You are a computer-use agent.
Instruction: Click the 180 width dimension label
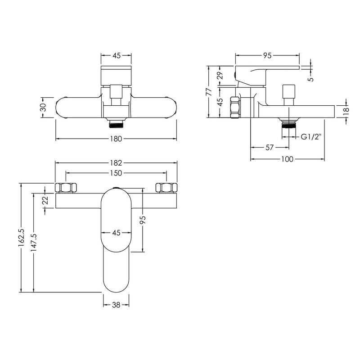pyautogui.click(x=116, y=139)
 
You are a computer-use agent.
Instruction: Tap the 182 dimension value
pyautogui.click(x=116, y=163)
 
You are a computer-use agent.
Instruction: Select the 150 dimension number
pyautogui.click(x=116, y=173)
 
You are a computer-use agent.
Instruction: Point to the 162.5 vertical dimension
pyautogui.click(x=21, y=238)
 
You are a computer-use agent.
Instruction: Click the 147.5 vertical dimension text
pyautogui.click(x=34, y=243)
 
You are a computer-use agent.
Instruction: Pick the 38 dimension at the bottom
pyautogui.click(x=116, y=305)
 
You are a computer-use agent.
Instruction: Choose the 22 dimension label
pyautogui.click(x=45, y=200)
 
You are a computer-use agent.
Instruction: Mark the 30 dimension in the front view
pyautogui.click(x=43, y=107)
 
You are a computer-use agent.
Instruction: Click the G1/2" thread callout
pyautogui.click(x=311, y=137)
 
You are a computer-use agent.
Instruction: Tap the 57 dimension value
pyautogui.click(x=270, y=147)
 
